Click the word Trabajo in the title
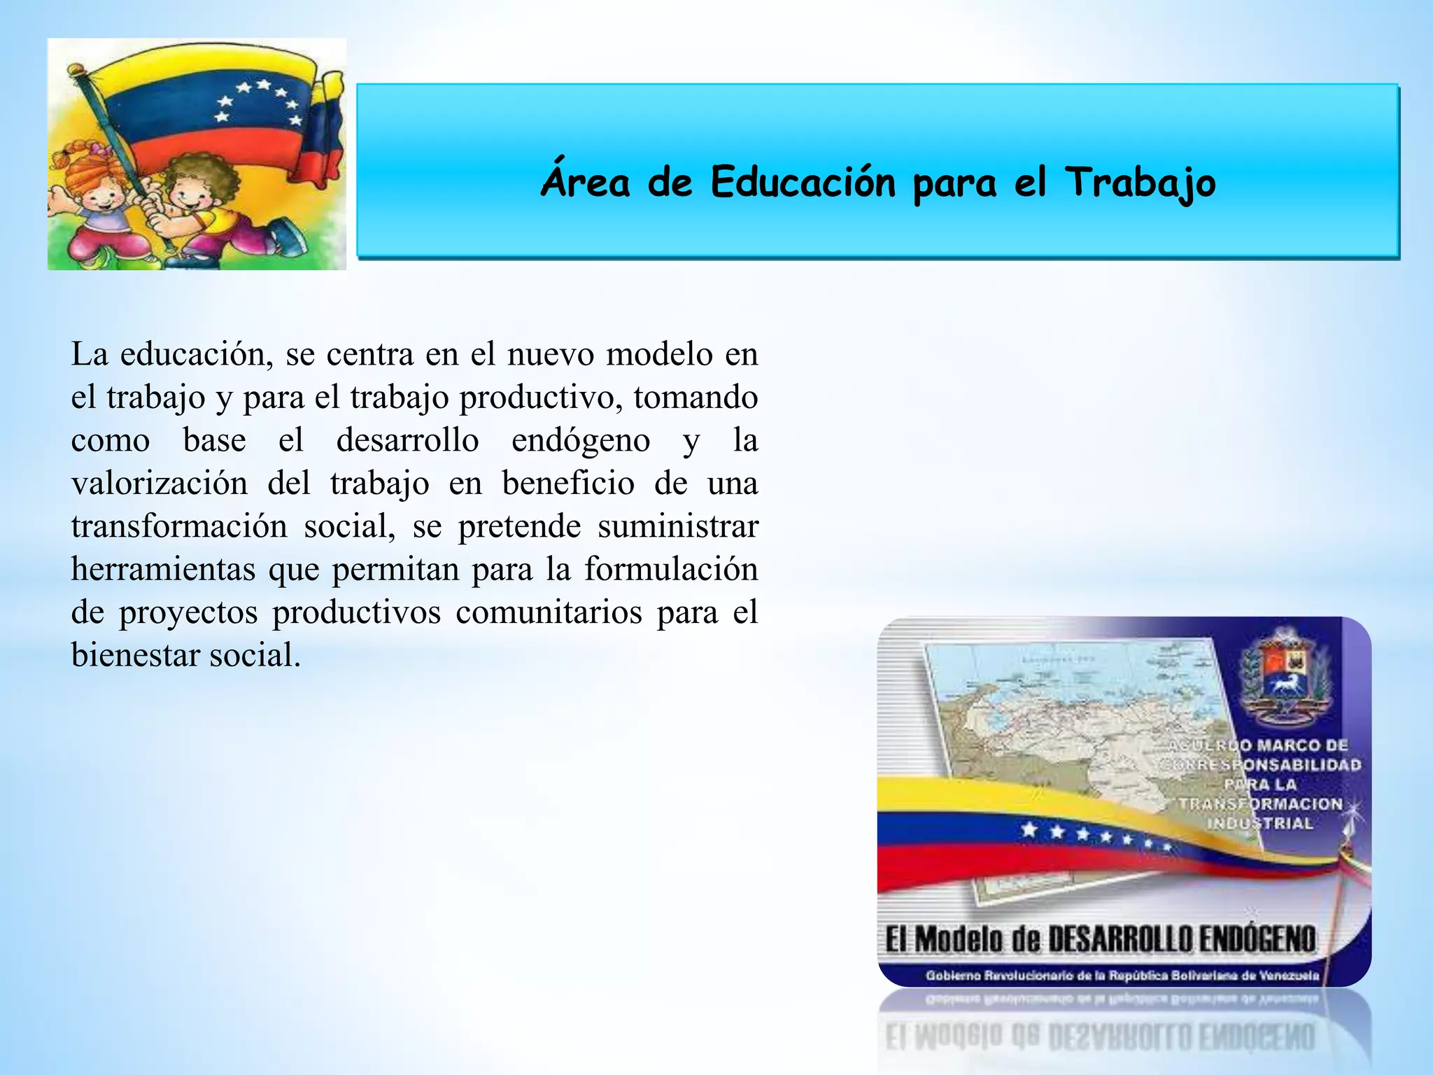[x=1141, y=183]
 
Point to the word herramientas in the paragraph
[x=163, y=569]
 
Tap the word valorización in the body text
[x=160, y=484]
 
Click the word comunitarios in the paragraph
[x=549, y=612]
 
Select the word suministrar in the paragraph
[x=677, y=526]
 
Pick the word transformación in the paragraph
[x=179, y=526]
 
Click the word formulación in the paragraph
[x=671, y=569]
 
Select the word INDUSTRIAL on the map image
[x=1259, y=823]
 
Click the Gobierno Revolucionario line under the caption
[x=1122, y=976]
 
